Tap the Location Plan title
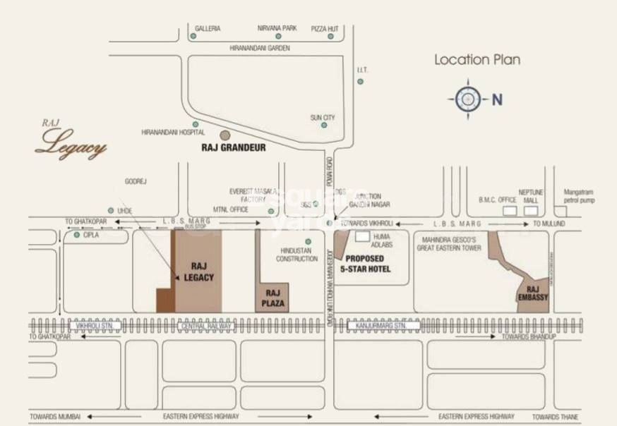(x=477, y=60)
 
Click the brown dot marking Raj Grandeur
(x=225, y=135)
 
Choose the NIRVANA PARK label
(x=277, y=29)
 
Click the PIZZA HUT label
(x=325, y=29)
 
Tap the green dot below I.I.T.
(x=361, y=82)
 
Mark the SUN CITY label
(x=323, y=117)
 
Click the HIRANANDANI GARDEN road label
(x=260, y=48)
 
